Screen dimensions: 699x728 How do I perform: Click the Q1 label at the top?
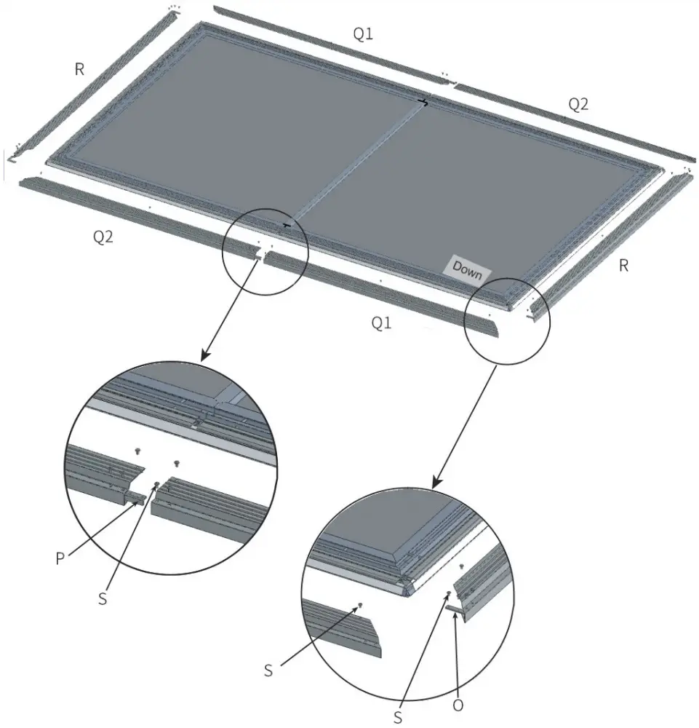tap(363, 34)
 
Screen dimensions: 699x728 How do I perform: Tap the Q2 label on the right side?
tap(578, 104)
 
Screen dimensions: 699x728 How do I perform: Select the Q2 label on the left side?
tap(103, 237)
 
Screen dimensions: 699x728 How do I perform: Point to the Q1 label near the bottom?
tap(381, 323)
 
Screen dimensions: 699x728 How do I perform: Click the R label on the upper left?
tap(79, 69)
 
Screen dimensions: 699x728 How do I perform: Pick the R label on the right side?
tap(623, 266)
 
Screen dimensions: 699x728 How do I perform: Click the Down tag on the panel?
tap(467, 270)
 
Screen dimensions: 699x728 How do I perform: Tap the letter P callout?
tap(60, 558)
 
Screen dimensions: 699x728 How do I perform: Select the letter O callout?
tap(458, 705)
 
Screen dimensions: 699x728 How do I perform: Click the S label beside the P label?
tap(103, 599)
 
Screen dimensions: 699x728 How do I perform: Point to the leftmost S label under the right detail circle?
tap(268, 670)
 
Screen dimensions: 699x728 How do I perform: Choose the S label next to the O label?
tap(398, 717)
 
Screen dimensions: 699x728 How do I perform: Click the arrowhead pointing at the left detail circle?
tap(205, 356)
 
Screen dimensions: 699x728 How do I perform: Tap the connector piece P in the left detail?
tap(137, 498)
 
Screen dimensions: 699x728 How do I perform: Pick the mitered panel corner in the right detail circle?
tap(407, 586)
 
